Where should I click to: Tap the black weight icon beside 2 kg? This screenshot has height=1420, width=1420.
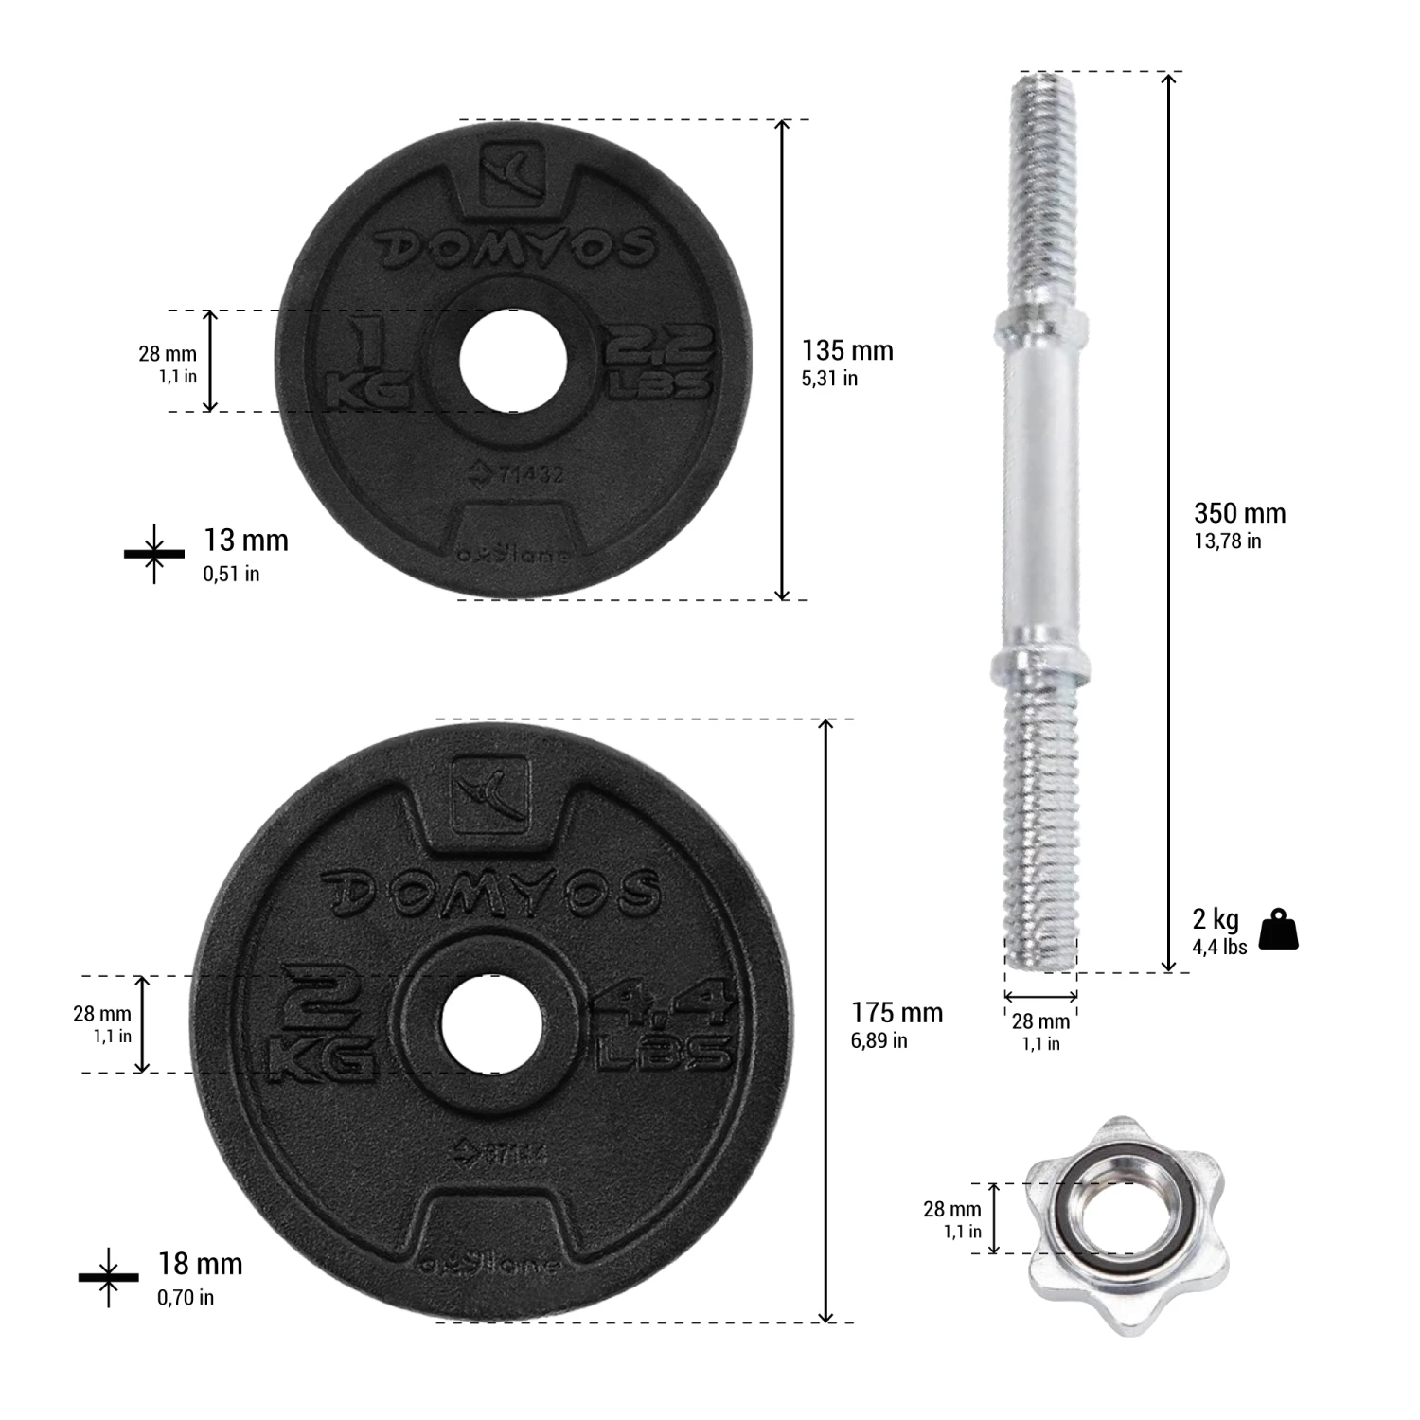tap(1278, 930)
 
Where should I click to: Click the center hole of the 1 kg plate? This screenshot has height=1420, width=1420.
tap(512, 361)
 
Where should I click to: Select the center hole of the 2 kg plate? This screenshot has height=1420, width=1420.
tap(490, 1024)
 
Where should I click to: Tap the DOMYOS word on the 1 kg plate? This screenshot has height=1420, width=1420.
tap(517, 248)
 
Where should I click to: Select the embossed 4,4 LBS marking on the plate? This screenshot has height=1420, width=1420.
tap(664, 1028)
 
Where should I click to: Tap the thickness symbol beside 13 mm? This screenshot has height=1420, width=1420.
tap(154, 553)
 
